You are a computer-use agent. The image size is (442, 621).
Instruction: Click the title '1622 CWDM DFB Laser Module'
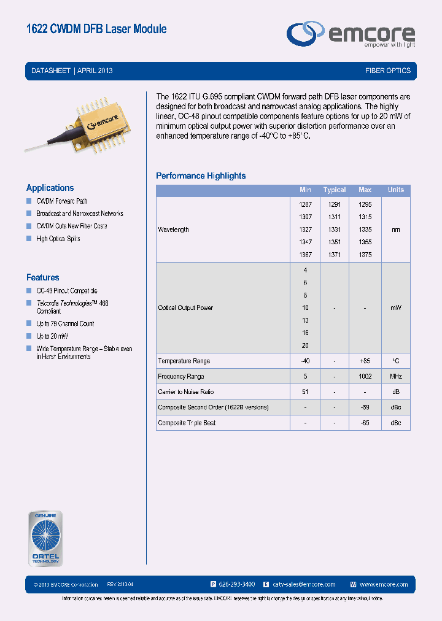(96, 29)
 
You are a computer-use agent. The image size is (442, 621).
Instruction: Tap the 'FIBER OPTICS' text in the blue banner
(387, 71)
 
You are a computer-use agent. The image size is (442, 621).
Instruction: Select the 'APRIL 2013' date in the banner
(95, 71)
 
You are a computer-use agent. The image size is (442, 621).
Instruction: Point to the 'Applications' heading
(50, 188)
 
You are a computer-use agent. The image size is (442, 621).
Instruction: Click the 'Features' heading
(42, 277)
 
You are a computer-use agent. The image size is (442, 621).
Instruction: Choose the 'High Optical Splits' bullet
(58, 239)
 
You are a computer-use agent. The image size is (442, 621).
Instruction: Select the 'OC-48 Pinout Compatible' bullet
(67, 291)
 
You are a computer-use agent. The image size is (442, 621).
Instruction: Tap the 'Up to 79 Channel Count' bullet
(65, 323)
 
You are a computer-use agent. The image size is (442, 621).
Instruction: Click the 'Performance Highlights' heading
(201, 176)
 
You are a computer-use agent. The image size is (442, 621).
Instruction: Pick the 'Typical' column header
(335, 190)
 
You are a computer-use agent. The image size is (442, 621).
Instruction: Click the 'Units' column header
(395, 190)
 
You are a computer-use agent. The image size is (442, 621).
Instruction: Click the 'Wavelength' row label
(173, 229)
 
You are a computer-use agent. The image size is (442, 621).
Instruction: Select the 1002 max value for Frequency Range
(365, 377)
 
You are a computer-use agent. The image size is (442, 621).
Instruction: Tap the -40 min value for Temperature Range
(305, 361)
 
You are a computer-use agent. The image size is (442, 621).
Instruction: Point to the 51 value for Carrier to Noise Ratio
(305, 392)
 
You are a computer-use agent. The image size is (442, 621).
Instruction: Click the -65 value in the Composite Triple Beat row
(365, 423)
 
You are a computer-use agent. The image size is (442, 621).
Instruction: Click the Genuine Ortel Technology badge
(46, 538)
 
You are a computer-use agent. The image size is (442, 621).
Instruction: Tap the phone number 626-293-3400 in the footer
(236, 584)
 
